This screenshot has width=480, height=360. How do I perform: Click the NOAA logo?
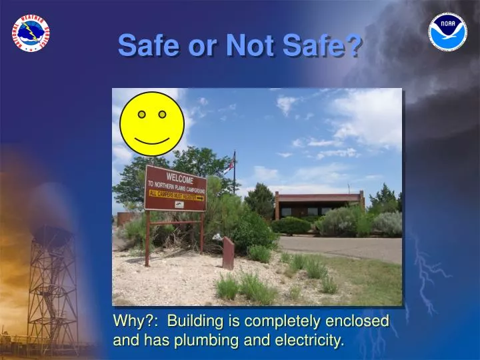tap(447, 32)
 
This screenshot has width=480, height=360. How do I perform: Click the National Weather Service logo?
tap(31, 33)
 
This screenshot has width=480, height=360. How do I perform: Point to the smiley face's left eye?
tap(141, 115)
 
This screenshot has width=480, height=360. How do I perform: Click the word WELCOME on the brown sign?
tap(180, 178)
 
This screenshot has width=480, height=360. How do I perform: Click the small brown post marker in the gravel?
tap(228, 253)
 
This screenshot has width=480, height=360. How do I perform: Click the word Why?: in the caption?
tap(137, 321)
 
